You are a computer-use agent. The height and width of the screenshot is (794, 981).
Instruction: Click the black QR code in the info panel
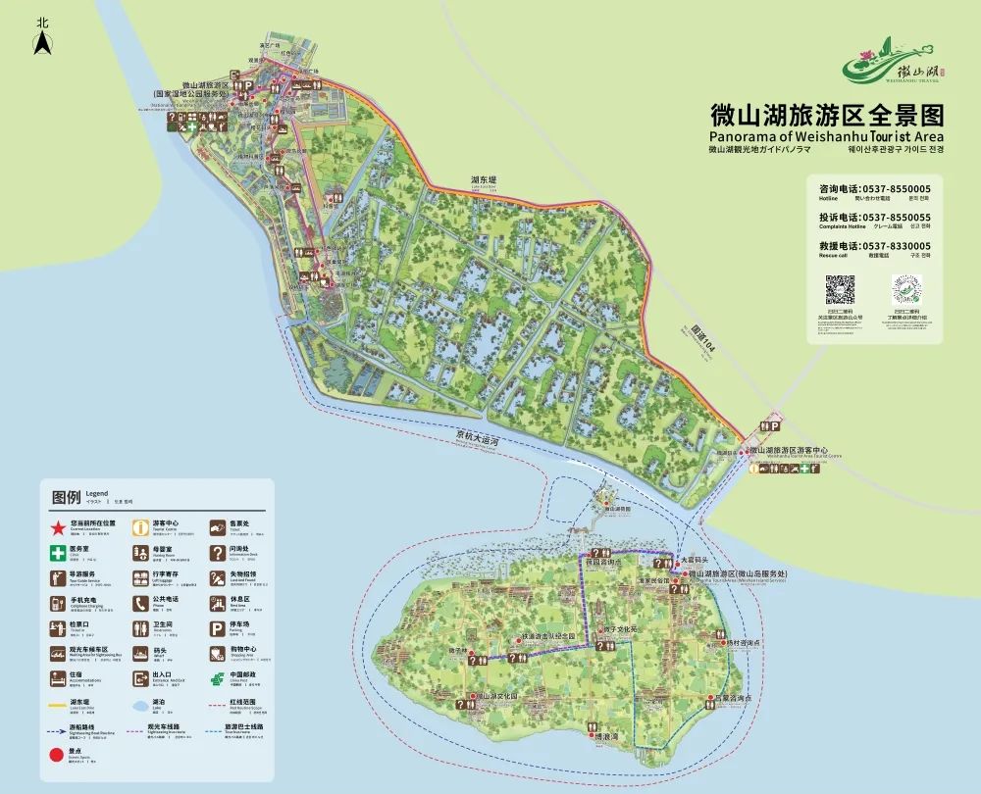(839, 291)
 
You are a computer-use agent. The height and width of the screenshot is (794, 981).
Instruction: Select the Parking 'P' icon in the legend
(215, 628)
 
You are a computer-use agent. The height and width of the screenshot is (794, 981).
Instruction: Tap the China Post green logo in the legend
(215, 679)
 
